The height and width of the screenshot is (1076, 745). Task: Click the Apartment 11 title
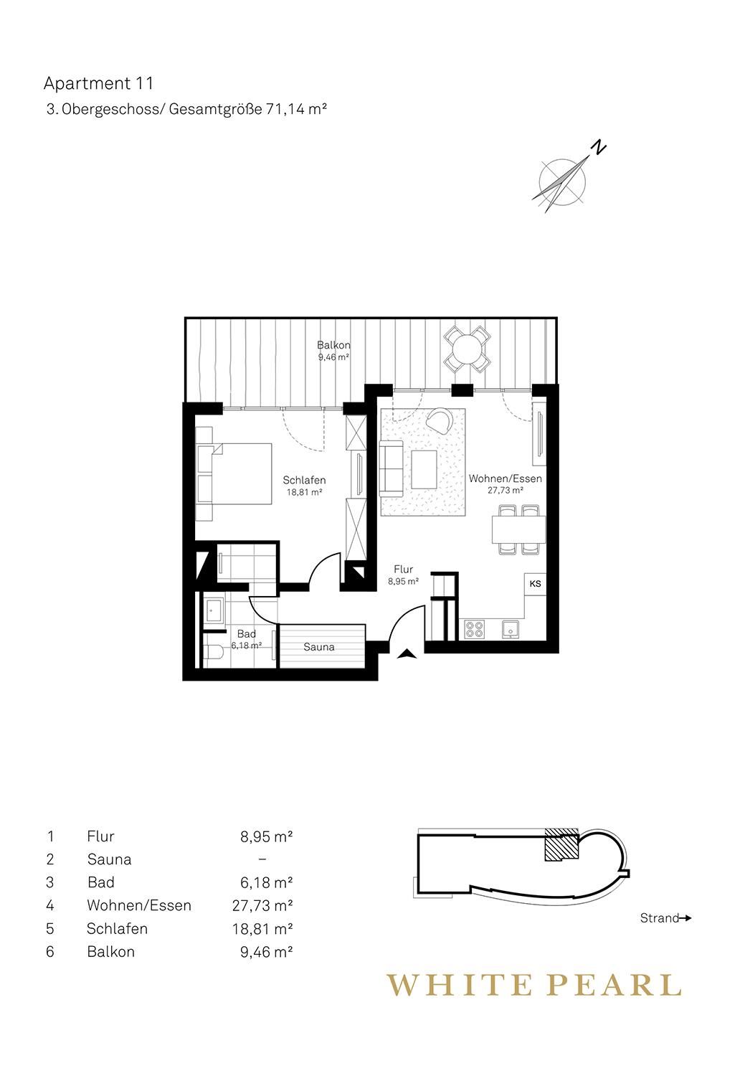(98, 83)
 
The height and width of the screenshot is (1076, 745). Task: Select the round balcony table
(466, 348)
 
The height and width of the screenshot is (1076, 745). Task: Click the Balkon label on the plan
(333, 345)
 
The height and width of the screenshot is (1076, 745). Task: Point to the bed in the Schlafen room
(234, 473)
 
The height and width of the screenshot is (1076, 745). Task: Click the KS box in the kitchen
(535, 584)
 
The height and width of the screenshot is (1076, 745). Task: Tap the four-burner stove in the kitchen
(474, 629)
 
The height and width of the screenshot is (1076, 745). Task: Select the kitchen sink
(511, 629)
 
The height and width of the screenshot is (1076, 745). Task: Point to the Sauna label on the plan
(319, 647)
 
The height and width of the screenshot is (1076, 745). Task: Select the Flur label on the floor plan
(403, 570)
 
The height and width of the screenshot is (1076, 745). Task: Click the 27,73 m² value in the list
(262, 905)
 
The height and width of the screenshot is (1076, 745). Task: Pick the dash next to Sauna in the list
(262, 859)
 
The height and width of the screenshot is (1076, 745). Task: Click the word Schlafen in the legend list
(117, 928)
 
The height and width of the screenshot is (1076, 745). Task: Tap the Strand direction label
(660, 918)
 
